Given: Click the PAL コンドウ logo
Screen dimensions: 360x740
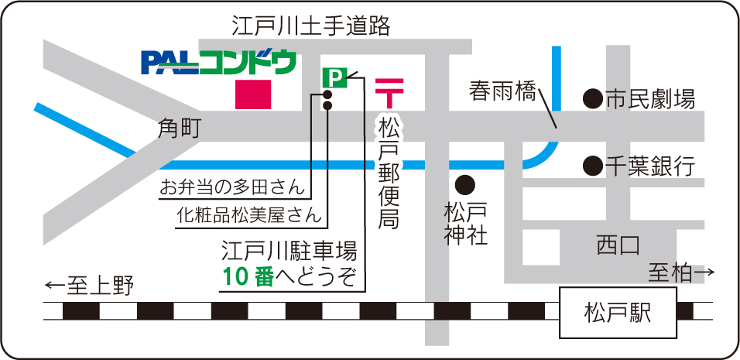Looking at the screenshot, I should click(218, 62).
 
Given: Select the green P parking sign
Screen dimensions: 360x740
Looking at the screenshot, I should click(334, 77).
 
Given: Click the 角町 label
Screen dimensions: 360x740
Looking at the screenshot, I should click(179, 129).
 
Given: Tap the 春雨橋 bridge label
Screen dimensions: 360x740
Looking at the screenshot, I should click(502, 92).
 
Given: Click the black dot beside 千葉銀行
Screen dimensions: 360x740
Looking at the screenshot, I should click(592, 165).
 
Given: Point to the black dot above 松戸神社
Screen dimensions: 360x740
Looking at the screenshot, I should click(464, 184).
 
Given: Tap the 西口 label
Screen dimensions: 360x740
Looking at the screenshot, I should click(617, 246).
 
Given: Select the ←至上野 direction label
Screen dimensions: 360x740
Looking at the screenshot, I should click(90, 286).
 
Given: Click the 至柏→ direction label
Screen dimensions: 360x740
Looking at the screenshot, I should click(680, 273).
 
